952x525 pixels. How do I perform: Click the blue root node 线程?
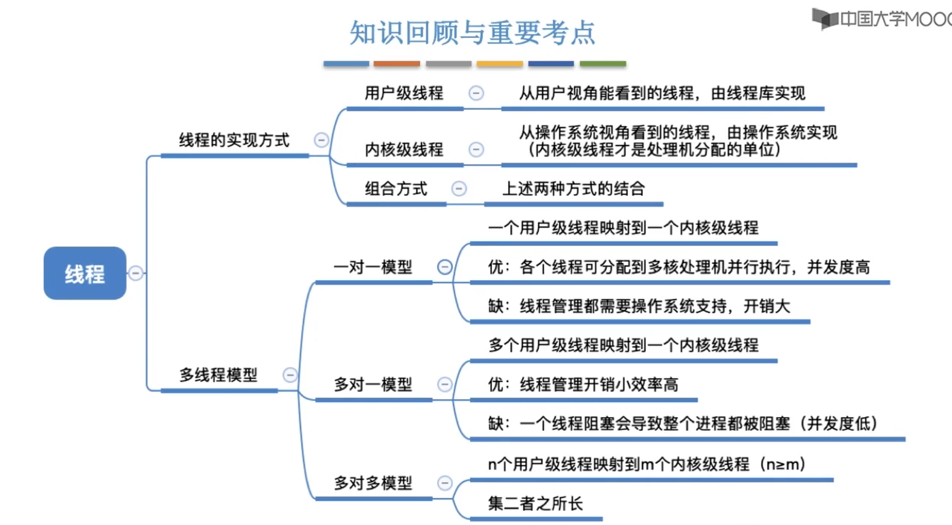click(x=85, y=273)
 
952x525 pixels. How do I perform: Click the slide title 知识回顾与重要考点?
click(x=472, y=33)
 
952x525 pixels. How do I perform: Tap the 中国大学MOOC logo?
click(x=881, y=19)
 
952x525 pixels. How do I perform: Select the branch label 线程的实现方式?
click(x=234, y=140)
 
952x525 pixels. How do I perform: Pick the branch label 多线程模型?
click(x=218, y=375)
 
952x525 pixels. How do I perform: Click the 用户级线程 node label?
click(x=404, y=93)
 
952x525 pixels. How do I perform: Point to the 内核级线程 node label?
click(x=404, y=150)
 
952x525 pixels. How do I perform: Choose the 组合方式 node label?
click(x=396, y=189)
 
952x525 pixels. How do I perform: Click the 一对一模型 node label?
click(x=373, y=267)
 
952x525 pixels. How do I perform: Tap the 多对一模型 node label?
click(x=373, y=384)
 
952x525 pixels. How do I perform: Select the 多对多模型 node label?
click(x=373, y=483)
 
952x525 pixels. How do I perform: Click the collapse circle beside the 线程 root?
click(x=135, y=273)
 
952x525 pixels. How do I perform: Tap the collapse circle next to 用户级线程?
click(x=476, y=93)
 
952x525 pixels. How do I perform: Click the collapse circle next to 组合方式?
click(x=459, y=189)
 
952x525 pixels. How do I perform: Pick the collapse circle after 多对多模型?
click(x=444, y=483)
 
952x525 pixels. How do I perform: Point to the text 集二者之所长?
click(x=535, y=503)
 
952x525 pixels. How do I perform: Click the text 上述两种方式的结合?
click(x=573, y=189)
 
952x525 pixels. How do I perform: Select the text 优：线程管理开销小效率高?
click(x=583, y=384)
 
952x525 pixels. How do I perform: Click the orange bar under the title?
click(x=396, y=64)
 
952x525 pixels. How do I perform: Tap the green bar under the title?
click(x=603, y=64)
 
